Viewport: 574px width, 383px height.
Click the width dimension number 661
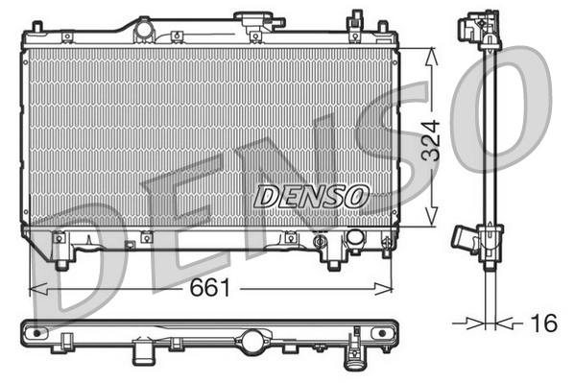coord(209,287)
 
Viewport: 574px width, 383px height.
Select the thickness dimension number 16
coord(543,323)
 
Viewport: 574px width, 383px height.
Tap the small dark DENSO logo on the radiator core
coord(310,196)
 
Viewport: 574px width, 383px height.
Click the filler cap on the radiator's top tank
coord(254,20)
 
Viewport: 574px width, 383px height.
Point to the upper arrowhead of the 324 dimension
coord(434,53)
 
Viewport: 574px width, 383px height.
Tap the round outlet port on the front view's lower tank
coord(354,237)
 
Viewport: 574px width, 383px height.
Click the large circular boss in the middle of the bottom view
coord(255,340)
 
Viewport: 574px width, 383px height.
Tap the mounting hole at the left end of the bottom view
coord(38,333)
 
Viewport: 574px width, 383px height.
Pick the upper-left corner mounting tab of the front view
coord(35,23)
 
